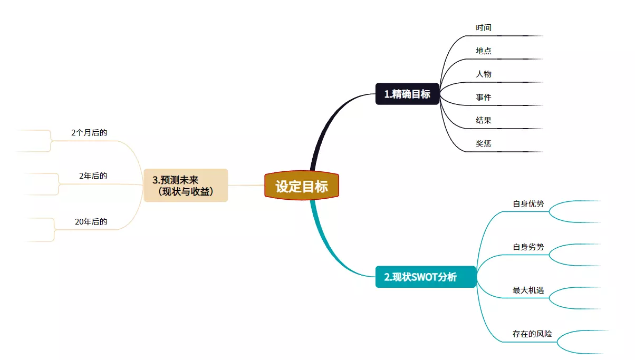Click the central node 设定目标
point(301,186)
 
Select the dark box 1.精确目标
point(407,94)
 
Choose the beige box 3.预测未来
point(186,186)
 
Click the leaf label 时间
point(484,27)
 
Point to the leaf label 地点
point(484,51)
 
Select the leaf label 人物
point(484,74)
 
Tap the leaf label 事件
point(484,97)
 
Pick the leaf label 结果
point(484,120)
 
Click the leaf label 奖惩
point(484,143)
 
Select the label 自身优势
point(528,203)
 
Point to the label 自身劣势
point(528,247)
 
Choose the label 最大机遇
point(528,290)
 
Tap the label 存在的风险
point(532,334)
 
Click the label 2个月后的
point(89,133)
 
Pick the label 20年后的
point(91,222)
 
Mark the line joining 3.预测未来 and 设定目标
point(246,186)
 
